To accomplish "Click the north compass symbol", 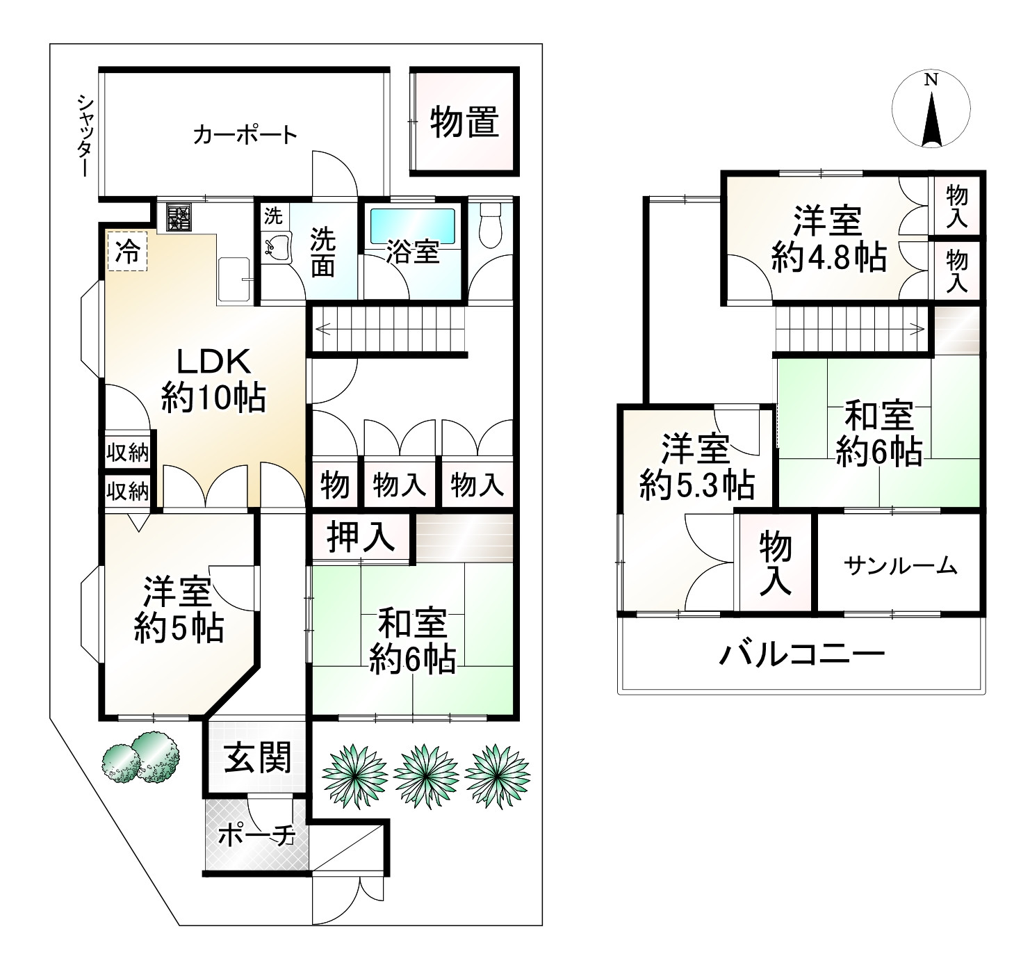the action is pyautogui.click(x=931, y=109).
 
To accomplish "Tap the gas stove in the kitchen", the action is pyautogui.click(x=179, y=217).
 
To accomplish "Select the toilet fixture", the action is pyautogui.click(x=490, y=224).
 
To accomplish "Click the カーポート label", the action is pyautogui.click(x=245, y=135).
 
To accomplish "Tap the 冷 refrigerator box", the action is pyautogui.click(x=127, y=251).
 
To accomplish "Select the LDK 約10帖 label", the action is pyautogui.click(x=213, y=380).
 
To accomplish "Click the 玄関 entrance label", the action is pyautogui.click(x=257, y=758).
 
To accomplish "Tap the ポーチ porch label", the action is pyautogui.click(x=256, y=836).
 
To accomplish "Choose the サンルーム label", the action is pyautogui.click(x=900, y=565).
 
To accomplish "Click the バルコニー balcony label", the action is pyautogui.click(x=801, y=654).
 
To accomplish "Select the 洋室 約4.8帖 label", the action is pyautogui.click(x=828, y=239).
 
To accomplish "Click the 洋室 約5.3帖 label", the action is pyautogui.click(x=696, y=468).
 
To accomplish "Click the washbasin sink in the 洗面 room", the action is pyautogui.click(x=277, y=248).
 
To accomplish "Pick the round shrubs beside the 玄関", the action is pyautogui.click(x=140, y=757).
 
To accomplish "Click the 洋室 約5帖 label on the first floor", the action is pyautogui.click(x=178, y=610).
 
